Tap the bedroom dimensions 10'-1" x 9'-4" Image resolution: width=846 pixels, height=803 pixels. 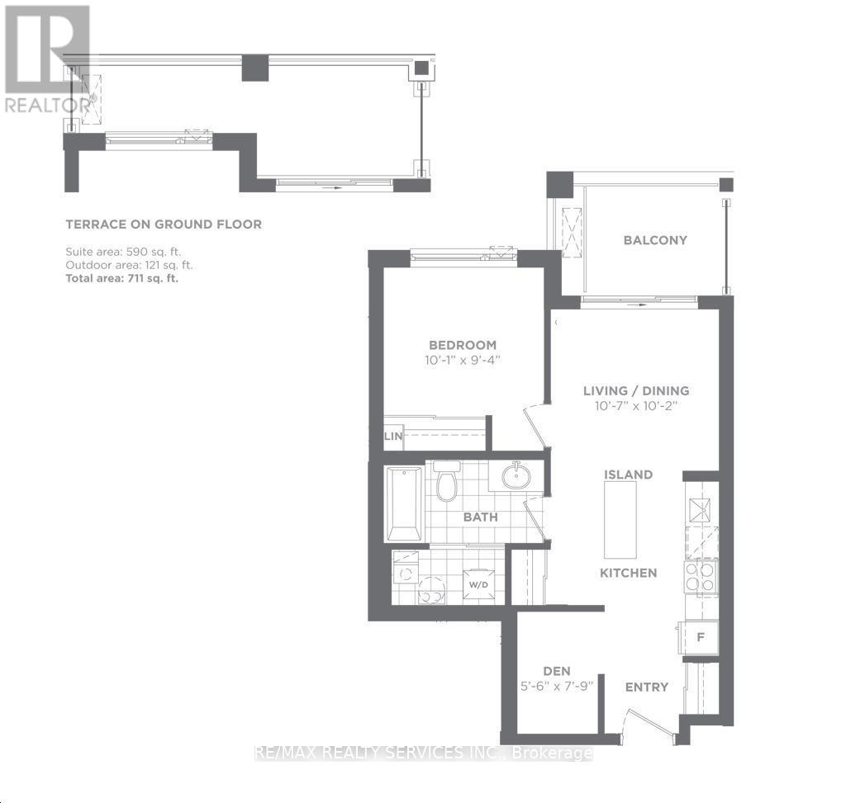[x=462, y=360]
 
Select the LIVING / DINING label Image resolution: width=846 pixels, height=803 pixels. [x=635, y=390]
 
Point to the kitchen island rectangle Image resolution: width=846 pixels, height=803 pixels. [x=620, y=519]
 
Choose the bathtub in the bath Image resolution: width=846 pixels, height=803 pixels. [x=404, y=503]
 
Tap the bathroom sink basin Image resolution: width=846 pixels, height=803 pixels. [x=516, y=475]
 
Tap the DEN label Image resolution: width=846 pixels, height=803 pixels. [x=557, y=671]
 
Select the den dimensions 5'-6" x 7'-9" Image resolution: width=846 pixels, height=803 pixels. [x=557, y=686]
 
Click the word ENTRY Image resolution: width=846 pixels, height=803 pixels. [x=646, y=687]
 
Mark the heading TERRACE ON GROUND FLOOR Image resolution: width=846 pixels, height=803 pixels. [x=164, y=224]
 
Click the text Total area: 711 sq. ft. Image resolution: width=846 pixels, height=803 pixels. [x=121, y=279]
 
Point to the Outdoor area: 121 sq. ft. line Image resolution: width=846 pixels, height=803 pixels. [x=128, y=265]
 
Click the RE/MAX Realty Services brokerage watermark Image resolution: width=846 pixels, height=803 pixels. [x=423, y=753]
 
